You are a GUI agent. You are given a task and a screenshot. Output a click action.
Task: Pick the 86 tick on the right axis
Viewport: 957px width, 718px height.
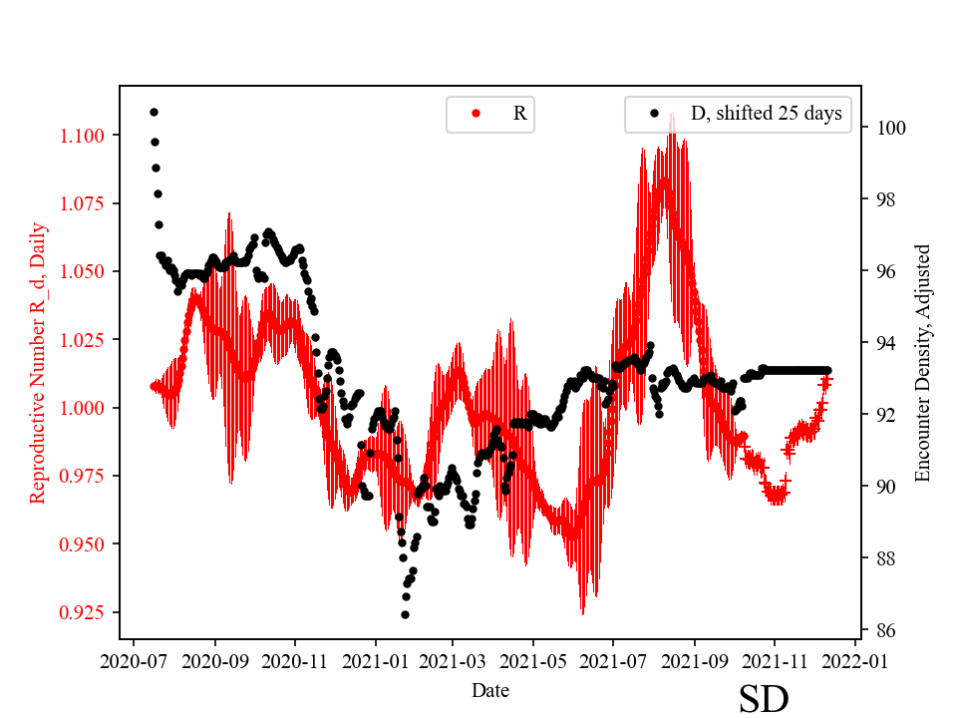click(883, 630)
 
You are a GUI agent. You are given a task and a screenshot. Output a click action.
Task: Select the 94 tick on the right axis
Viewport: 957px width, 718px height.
click(883, 343)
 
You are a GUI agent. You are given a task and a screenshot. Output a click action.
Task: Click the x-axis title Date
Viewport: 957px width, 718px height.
click(489, 690)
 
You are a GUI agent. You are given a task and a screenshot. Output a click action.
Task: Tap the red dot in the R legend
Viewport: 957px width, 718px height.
click(476, 114)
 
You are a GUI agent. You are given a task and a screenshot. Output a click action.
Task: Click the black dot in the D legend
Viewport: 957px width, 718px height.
click(654, 114)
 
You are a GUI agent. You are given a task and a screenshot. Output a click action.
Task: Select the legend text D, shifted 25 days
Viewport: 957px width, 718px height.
click(766, 114)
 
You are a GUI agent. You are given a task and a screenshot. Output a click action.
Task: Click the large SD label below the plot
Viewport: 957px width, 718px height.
click(764, 699)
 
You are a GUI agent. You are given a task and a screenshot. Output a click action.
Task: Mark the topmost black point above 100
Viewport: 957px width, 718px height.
click(154, 112)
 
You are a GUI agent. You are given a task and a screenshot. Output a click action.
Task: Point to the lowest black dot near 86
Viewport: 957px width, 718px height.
click(405, 614)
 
